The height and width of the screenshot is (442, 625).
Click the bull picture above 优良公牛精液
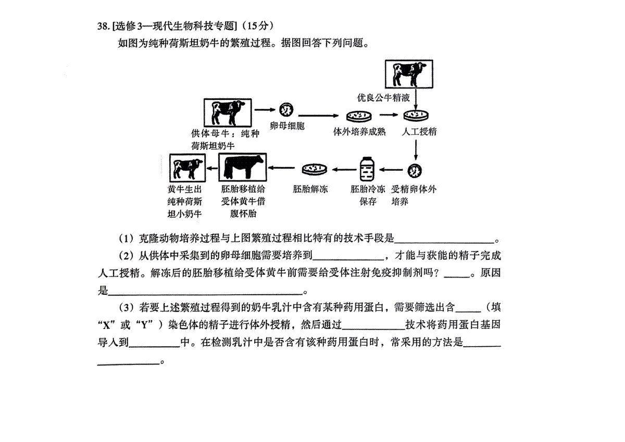pyautogui.click(x=408, y=74)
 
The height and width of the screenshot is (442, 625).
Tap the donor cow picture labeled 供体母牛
pyautogui.click(x=228, y=111)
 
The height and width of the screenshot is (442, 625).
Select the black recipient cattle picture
pyautogui.click(x=242, y=167)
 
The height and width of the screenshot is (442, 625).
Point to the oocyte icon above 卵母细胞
pyautogui.click(x=285, y=110)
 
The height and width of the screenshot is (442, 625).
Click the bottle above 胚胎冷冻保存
pyautogui.click(x=367, y=169)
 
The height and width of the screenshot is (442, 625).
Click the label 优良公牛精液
pyautogui.click(x=383, y=98)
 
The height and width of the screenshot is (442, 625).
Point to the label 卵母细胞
pyautogui.click(x=287, y=127)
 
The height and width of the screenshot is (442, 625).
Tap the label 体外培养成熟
pyautogui.click(x=359, y=132)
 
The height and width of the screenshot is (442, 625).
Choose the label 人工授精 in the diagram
pyautogui.click(x=419, y=132)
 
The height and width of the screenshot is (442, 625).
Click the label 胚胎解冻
pyautogui.click(x=311, y=190)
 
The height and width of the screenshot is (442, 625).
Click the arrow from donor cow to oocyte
pyautogui.click(x=265, y=110)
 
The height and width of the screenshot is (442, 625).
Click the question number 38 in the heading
pyautogui.click(x=102, y=26)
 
